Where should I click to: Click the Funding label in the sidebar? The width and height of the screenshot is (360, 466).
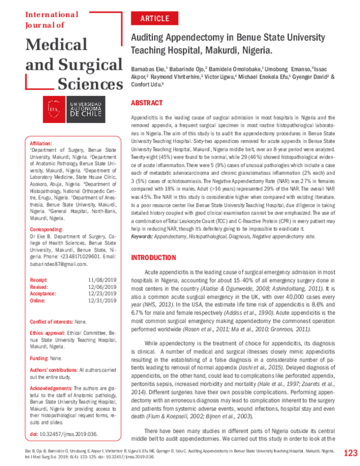pyautogui.click(x=39, y=357)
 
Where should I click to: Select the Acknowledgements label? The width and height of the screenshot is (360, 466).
pyautogui.click(x=51, y=388)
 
